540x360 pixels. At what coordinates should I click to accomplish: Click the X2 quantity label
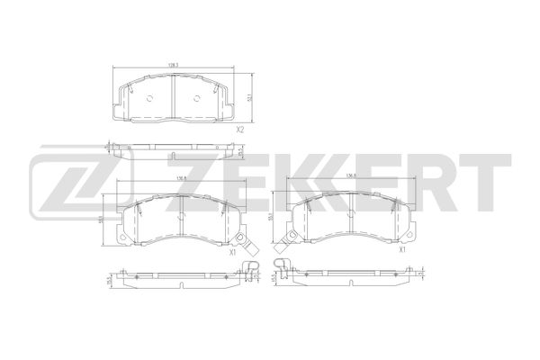pyautogui.click(x=241, y=130)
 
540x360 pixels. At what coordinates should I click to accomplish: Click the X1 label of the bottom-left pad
pyautogui.click(x=232, y=253)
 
